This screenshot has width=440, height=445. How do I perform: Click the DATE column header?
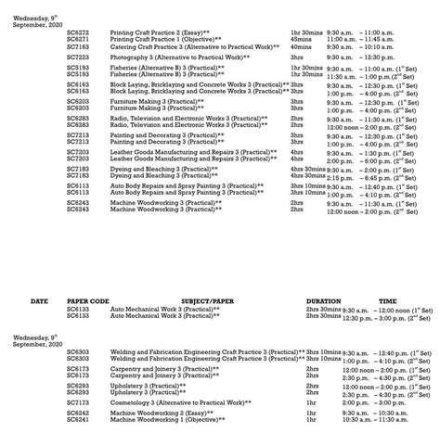point(39,302)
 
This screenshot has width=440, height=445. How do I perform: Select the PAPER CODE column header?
point(88,302)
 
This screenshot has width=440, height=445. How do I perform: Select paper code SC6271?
point(77,40)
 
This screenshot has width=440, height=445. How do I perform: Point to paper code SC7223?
point(77,57)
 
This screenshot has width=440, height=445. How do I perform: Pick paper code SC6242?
point(77,413)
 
